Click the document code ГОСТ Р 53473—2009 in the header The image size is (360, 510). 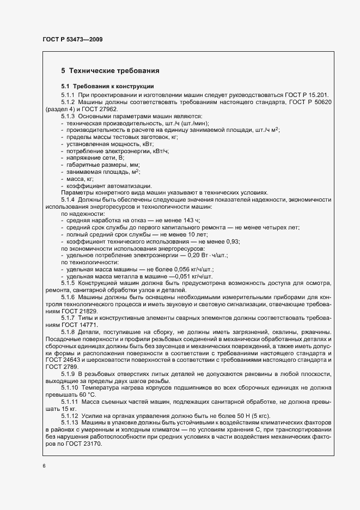point(72,40)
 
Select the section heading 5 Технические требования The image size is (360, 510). point(110,71)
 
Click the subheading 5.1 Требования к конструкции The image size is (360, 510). point(107,87)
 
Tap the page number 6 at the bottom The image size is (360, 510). point(44,466)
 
